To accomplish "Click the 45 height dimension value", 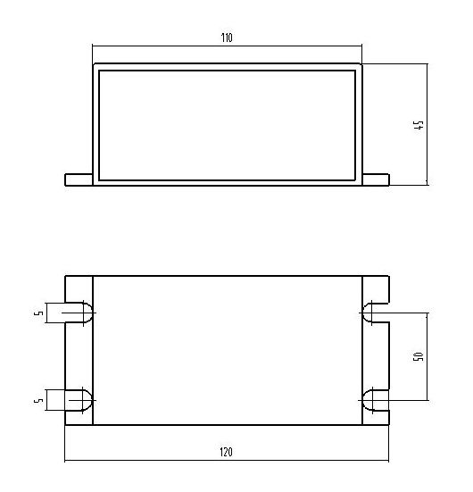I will tap(418, 124).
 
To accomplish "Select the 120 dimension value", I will tap(226, 453).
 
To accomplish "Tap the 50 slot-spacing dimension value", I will tap(418, 356).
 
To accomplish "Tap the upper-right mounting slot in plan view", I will tap(375, 313).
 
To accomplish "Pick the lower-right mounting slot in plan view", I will tap(375, 399).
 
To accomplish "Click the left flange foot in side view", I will tap(79, 179).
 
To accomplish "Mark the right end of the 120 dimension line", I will tap(389, 461).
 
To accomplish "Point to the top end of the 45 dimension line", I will tap(427, 63).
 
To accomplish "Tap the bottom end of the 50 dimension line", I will tap(427, 399).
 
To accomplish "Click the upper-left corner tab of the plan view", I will tap(79, 288).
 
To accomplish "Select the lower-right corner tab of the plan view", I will tap(375, 416).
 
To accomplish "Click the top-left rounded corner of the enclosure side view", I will tap(95, 66).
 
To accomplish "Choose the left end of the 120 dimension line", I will tap(65, 461).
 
